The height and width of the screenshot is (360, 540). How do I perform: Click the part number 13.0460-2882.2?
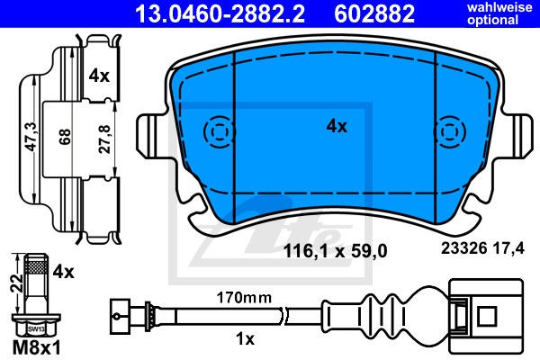tap(220, 13)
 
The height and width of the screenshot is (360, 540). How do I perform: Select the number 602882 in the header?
tap(374, 13)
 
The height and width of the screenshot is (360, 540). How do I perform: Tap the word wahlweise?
tap(499, 7)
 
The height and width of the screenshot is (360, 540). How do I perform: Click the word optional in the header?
tap(492, 20)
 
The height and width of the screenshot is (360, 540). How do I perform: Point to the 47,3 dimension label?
tap(31, 137)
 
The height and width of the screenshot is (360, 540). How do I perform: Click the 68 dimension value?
tap(65, 137)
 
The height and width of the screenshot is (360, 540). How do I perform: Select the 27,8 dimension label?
tap(104, 139)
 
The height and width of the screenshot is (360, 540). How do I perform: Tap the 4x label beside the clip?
tap(99, 76)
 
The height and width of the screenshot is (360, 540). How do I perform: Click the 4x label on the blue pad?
tap(337, 126)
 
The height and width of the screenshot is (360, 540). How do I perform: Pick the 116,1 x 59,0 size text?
tap(335, 251)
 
